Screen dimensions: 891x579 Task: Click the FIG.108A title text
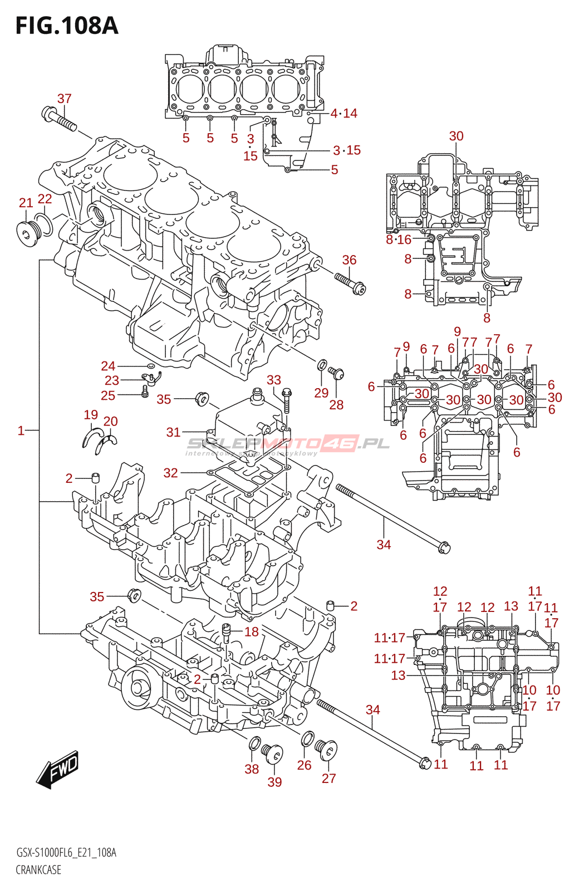coord(67,26)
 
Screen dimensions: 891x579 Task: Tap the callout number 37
coord(65,99)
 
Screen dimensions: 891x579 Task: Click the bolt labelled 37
coord(58,119)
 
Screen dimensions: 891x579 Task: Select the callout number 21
coord(26,203)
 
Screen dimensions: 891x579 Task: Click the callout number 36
coord(349,260)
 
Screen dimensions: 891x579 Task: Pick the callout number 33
coord(273,380)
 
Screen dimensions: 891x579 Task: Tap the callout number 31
coord(173,432)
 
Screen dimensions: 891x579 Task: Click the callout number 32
coord(170,473)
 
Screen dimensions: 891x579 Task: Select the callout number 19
coord(91,414)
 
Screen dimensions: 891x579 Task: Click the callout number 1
coord(21,430)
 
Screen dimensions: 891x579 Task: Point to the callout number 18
coord(252,631)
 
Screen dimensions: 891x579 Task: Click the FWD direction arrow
coord(58,770)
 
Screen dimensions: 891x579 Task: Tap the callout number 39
coord(274,782)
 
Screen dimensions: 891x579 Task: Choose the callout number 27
coord(328,778)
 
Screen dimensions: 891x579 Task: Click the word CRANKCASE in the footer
coord(38,870)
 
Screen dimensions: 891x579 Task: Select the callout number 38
coord(252,769)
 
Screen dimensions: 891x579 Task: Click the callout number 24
coord(108,366)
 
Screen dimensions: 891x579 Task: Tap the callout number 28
coord(336,405)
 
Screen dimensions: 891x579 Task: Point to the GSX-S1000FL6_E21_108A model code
coord(66,853)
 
